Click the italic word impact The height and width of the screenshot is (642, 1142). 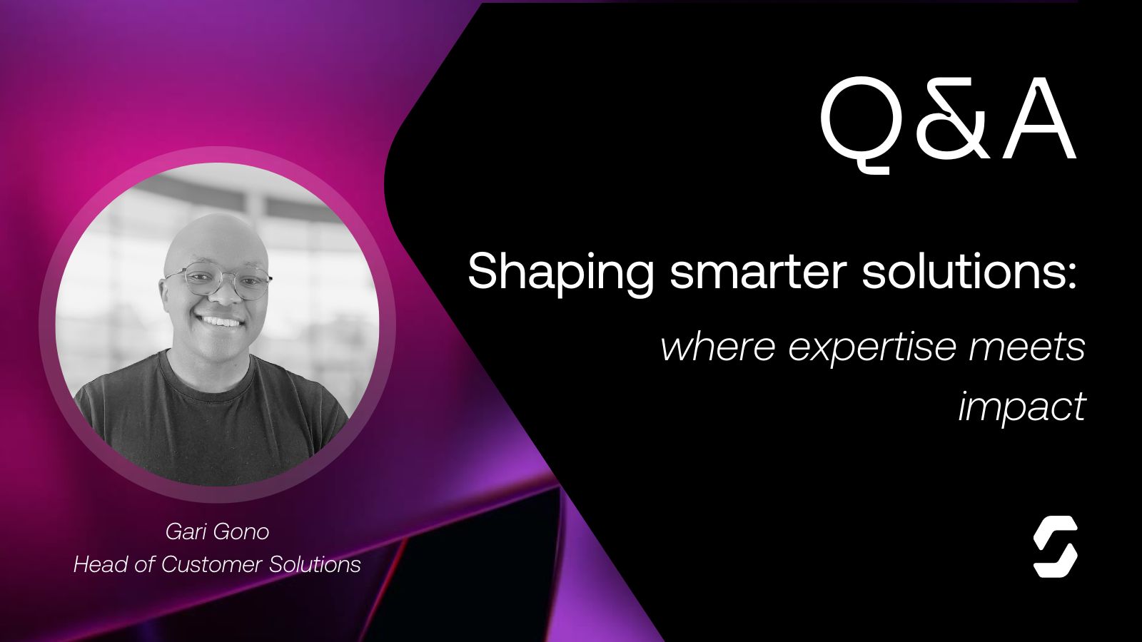(x=1021, y=407)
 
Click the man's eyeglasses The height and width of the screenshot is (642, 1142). (x=218, y=282)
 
